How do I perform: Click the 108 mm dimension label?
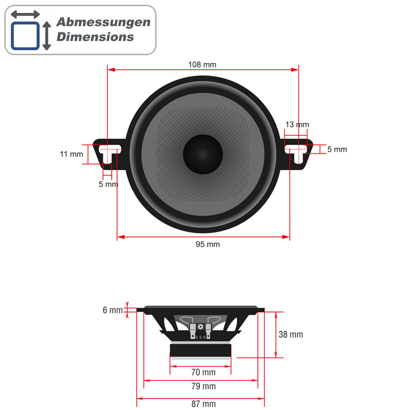coord(202,65)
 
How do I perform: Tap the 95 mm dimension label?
coord(208,244)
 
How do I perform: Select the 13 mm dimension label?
coord(297,125)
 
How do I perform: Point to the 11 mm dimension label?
coord(71,154)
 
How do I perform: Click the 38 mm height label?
coord(291,335)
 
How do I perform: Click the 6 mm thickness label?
coord(113,310)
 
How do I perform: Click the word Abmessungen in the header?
coord(103,22)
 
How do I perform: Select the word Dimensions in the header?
coord(95,37)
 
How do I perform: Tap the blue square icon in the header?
coord(25,35)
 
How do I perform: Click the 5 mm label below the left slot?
coord(108,184)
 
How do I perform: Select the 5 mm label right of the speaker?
coord(337,150)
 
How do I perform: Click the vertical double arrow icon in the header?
coord(47,35)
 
